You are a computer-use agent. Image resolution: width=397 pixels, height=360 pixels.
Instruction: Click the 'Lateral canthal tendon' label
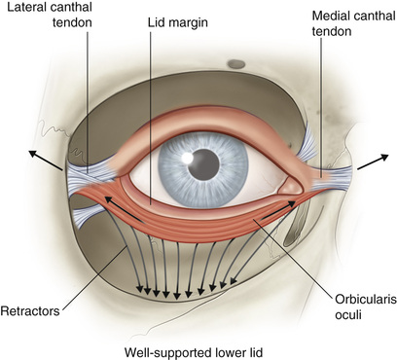[x=50, y=15]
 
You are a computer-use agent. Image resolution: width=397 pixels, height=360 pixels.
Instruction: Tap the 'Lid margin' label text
[x=178, y=22]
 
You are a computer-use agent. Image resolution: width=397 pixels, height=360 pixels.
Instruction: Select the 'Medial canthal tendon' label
[x=353, y=23]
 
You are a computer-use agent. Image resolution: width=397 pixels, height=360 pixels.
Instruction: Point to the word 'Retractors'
[x=30, y=311]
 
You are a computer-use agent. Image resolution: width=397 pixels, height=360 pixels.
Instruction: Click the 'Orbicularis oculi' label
[x=366, y=306]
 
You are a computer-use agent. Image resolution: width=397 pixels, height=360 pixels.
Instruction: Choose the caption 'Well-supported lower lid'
[x=194, y=352]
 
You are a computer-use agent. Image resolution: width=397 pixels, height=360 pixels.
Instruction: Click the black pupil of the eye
[x=203, y=164]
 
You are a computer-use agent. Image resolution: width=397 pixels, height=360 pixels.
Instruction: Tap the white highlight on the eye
[x=187, y=158]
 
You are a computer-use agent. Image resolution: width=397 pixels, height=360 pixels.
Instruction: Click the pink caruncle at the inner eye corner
[x=292, y=187]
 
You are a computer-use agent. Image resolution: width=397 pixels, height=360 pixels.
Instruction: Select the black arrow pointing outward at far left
[x=46, y=161]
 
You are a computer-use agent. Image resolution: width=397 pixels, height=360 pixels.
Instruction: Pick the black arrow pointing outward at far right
[x=373, y=162]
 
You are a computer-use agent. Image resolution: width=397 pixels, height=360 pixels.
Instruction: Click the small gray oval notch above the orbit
[x=236, y=64]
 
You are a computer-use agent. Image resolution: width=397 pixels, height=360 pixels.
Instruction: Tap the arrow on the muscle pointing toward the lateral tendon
[x=124, y=209]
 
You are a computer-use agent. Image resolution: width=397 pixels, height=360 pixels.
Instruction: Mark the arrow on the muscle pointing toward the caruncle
[x=278, y=210]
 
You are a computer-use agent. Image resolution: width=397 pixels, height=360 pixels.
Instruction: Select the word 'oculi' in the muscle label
[x=347, y=314]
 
